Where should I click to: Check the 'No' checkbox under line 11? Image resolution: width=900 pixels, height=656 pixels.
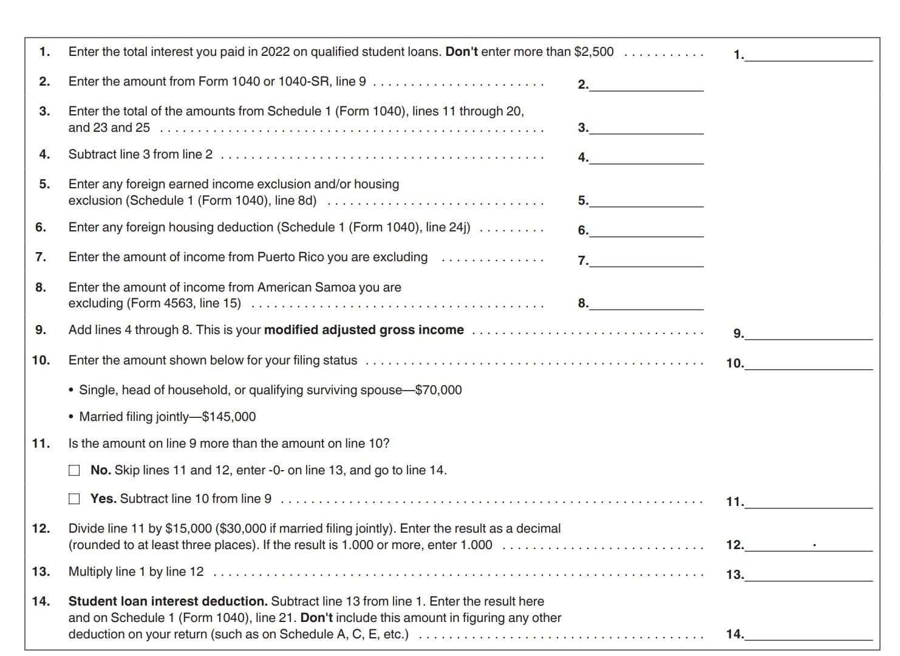[74, 470]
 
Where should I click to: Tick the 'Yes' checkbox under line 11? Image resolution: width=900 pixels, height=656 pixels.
[74, 499]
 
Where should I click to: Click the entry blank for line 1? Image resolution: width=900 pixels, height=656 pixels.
[809, 55]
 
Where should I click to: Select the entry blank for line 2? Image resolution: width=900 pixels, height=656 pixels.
[646, 84]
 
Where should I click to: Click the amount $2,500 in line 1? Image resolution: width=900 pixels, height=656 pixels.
[593, 52]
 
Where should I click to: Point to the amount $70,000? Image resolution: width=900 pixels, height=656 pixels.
[438, 390]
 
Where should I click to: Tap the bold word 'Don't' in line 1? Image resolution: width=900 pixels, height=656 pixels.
[462, 52]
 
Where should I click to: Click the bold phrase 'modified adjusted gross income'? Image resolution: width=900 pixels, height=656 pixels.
[364, 330]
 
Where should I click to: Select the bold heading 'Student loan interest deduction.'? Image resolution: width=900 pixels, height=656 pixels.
[168, 601]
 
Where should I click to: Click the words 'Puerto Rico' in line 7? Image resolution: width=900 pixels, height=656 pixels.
[290, 257]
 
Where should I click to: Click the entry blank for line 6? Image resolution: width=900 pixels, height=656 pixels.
[646, 230]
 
